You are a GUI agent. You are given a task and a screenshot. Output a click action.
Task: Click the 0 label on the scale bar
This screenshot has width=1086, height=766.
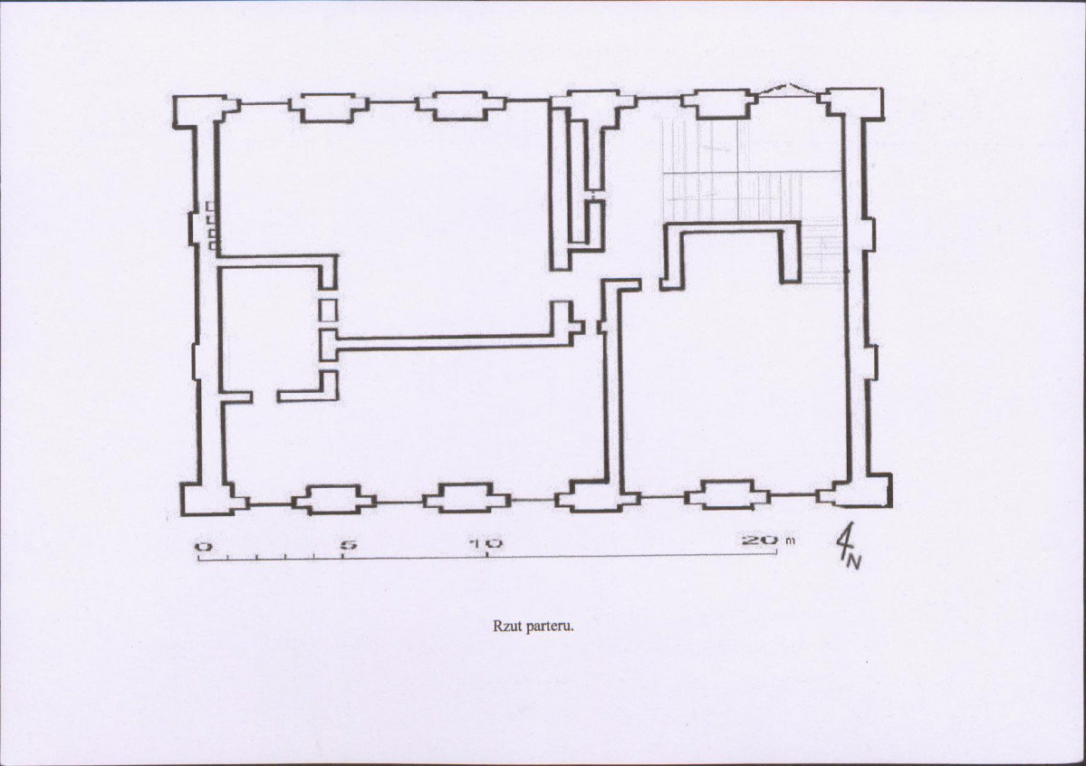[204, 546]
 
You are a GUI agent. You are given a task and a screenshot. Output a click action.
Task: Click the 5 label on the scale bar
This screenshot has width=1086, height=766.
[349, 544]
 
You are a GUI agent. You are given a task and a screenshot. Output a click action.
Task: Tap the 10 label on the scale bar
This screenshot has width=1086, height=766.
[485, 543]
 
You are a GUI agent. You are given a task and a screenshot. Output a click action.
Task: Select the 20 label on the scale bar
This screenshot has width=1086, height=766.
[760, 539]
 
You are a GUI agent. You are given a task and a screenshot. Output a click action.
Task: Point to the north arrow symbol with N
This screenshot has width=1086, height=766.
[849, 545]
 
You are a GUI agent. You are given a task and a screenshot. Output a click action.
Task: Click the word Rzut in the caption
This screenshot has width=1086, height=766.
[506, 627]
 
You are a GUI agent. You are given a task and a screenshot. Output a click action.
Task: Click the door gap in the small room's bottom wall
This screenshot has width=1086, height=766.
[264, 397]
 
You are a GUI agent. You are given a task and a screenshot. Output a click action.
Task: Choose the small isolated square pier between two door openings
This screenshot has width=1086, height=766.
[328, 310]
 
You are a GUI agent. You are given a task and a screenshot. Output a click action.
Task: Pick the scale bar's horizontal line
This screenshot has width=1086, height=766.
[487, 557]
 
